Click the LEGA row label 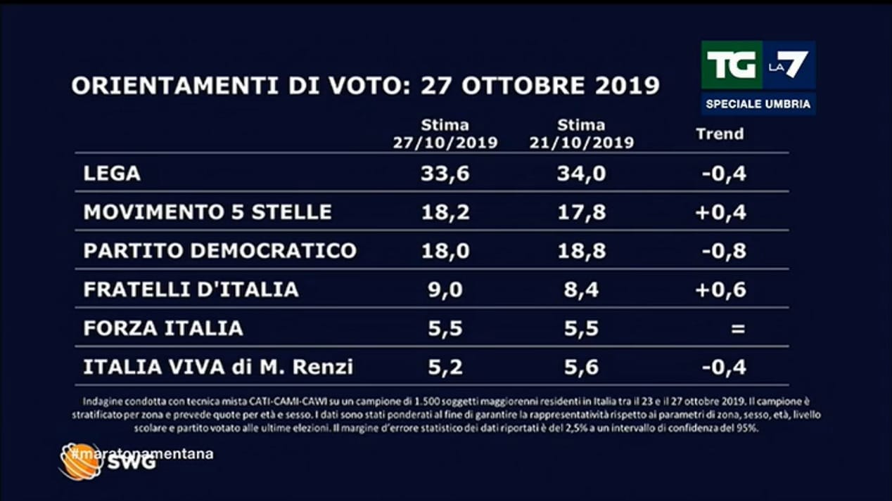pos(112,174)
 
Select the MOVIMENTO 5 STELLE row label pos(208,212)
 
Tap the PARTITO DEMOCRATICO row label pos(220,251)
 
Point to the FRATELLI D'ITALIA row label pos(191,289)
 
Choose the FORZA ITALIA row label pos(163,328)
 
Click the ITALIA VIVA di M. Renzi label pos(218,367)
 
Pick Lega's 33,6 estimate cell pos(445,174)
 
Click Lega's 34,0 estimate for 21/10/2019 pos(581,174)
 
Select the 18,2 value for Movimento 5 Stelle pos(445,212)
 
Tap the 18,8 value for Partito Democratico pos(581,251)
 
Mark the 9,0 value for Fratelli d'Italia pos(445,289)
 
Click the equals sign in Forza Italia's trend pos(737,328)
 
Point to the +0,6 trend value pos(720,289)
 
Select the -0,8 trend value pos(724,251)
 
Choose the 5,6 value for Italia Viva pos(581,367)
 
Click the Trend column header pos(720,134)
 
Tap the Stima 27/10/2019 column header pos(445,134)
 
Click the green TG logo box pos(731,65)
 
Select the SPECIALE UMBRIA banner pos(758,104)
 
